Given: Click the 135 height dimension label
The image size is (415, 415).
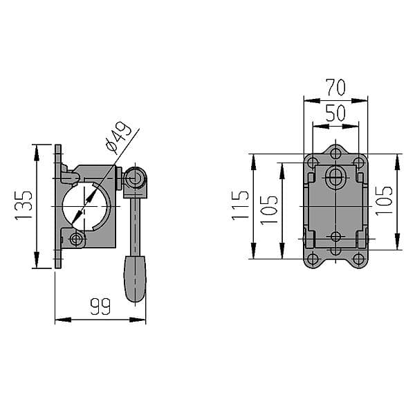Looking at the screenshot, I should coord(24,206).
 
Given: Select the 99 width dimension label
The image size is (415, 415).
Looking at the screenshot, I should coord(101,306).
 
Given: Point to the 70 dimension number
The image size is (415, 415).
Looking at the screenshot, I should coord(335,88).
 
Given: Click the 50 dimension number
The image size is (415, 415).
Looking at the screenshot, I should coord(335,113).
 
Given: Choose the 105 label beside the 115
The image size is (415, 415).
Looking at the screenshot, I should coord(269,209).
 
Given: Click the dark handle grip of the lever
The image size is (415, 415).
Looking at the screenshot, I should coord(135,279).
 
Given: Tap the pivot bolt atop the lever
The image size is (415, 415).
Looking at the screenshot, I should coord(135,178).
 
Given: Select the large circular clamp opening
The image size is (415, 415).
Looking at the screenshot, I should coord(86,206).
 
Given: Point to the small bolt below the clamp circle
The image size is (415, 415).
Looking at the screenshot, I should coord(76,239).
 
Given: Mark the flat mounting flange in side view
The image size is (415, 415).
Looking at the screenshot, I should coord(58,206).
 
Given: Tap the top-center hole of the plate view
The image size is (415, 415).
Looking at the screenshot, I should coord(335,153).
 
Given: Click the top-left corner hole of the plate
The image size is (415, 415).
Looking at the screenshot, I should coord(313,163).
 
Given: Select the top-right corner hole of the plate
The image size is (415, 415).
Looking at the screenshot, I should coord(359,163).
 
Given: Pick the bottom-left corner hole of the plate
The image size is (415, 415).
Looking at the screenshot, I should coord(313,259).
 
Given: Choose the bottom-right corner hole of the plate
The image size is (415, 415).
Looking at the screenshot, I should coord(359,259).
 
